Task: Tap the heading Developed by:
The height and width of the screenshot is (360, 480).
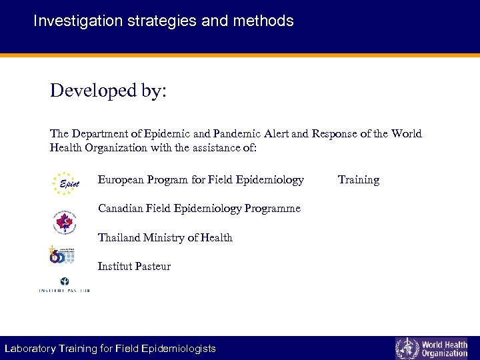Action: [108, 91]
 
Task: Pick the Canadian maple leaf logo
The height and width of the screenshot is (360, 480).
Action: [65, 222]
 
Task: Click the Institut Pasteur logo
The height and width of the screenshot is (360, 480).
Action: [64, 284]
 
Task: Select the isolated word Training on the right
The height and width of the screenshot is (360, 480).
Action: [358, 180]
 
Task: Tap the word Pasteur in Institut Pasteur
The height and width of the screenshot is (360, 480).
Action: [153, 267]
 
